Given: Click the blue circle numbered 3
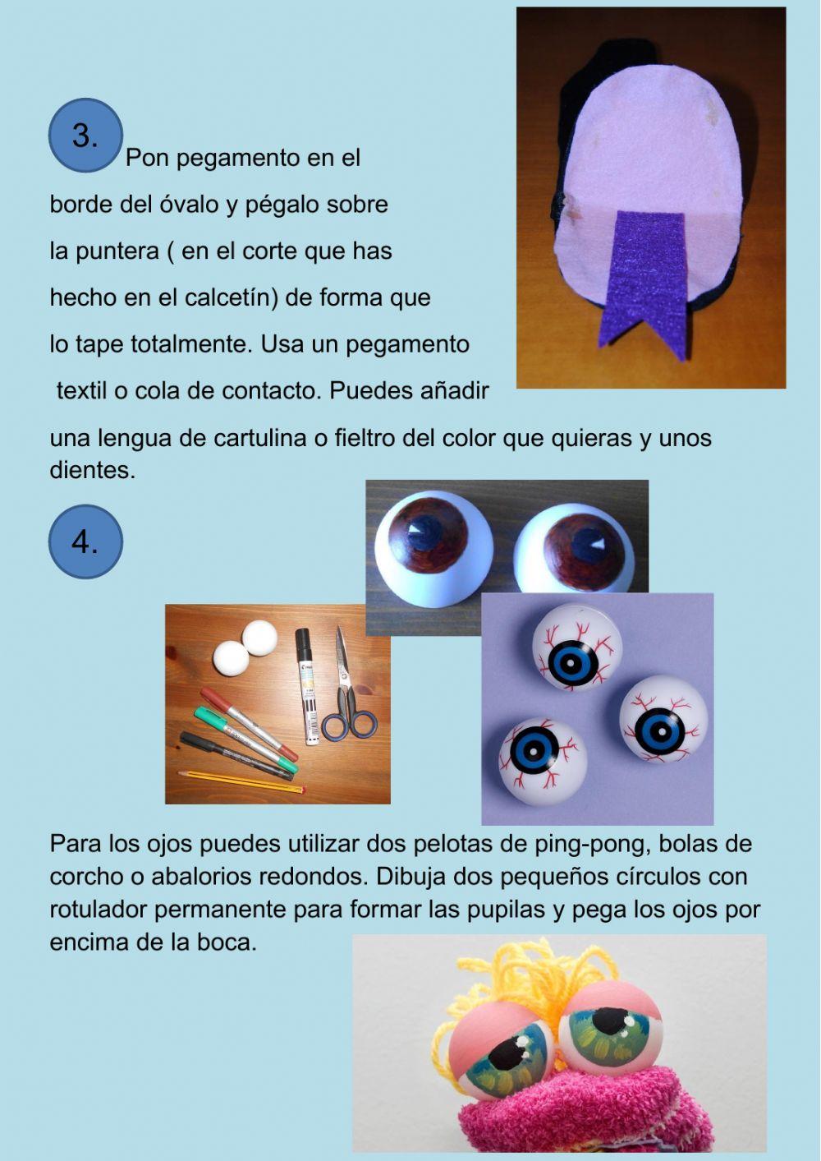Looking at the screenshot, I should point(85,136).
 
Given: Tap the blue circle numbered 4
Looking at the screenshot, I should point(85,541).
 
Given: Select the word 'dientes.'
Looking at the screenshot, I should point(92,471).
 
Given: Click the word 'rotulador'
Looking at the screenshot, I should point(98,910).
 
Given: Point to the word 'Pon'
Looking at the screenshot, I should point(147,158).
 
